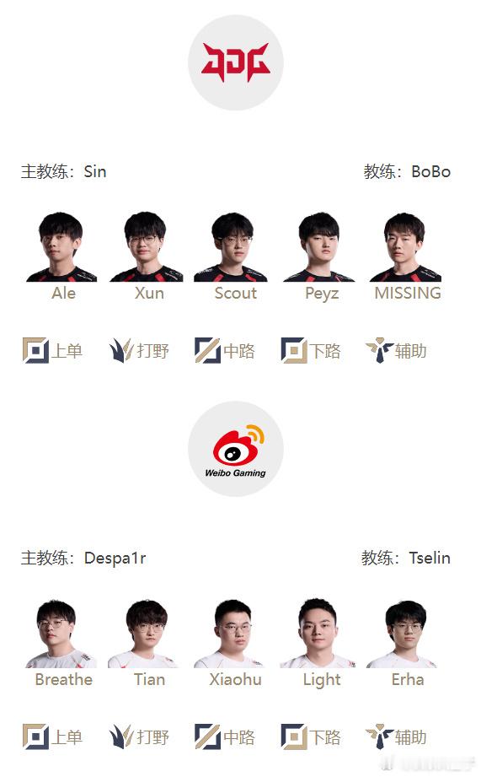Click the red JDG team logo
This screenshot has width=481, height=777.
[x=236, y=62]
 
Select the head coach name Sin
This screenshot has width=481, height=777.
[x=95, y=171]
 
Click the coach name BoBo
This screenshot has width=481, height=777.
[x=431, y=171]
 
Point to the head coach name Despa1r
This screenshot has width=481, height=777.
[x=115, y=558]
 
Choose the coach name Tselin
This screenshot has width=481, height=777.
[x=430, y=558]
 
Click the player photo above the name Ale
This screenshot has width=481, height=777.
[x=61, y=247]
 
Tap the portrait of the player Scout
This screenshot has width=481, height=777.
[x=231, y=247]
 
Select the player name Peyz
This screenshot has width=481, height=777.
[x=322, y=294]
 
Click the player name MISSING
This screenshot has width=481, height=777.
[x=408, y=293]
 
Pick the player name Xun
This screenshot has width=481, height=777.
[x=149, y=293]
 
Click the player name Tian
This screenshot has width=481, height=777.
[x=149, y=679]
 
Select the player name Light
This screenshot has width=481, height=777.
[x=322, y=680]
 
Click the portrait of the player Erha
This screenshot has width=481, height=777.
[x=403, y=634]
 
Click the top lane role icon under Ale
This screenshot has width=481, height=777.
[x=35, y=350]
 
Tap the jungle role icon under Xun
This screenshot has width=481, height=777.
[x=121, y=350]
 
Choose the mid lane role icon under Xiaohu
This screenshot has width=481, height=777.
[x=207, y=737]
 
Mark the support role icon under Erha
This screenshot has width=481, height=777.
[x=379, y=737]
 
